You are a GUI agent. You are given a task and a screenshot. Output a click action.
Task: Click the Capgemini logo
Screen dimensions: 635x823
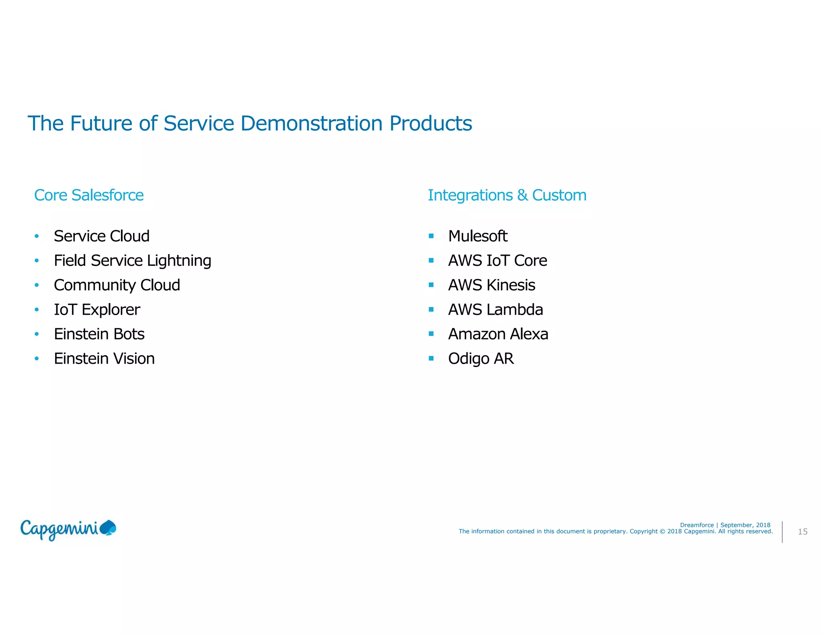68,529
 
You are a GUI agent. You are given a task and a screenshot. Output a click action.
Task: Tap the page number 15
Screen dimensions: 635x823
803,531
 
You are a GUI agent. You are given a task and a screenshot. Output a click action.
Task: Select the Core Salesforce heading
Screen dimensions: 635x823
89,195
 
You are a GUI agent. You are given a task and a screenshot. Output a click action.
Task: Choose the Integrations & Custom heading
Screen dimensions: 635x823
507,195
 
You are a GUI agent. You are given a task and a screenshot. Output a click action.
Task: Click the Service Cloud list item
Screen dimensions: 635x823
102,236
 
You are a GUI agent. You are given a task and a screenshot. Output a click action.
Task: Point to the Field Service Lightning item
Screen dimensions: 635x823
132,261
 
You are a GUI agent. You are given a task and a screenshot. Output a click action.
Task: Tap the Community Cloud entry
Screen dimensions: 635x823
117,285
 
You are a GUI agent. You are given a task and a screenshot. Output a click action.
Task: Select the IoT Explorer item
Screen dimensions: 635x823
97,309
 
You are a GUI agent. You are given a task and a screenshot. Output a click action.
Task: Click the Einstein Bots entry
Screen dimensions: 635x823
99,334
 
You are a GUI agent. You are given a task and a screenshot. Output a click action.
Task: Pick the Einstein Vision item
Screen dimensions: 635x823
104,358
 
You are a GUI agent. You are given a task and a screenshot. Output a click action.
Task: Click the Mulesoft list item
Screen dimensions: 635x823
478,236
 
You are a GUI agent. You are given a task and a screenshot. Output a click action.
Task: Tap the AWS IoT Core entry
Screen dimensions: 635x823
497,261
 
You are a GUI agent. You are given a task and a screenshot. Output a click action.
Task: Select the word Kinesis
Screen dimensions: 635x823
511,285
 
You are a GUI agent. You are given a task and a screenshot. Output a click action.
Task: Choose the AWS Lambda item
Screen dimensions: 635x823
495,309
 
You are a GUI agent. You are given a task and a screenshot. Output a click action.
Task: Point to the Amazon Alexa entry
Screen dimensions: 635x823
498,334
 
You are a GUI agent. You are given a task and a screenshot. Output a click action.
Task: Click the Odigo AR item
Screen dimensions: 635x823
481,358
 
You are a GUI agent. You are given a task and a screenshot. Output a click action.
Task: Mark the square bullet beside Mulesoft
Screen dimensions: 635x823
431,236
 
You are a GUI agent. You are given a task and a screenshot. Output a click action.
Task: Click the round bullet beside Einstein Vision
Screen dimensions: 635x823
37,358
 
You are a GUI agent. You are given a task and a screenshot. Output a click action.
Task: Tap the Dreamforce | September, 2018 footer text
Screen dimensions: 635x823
725,525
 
